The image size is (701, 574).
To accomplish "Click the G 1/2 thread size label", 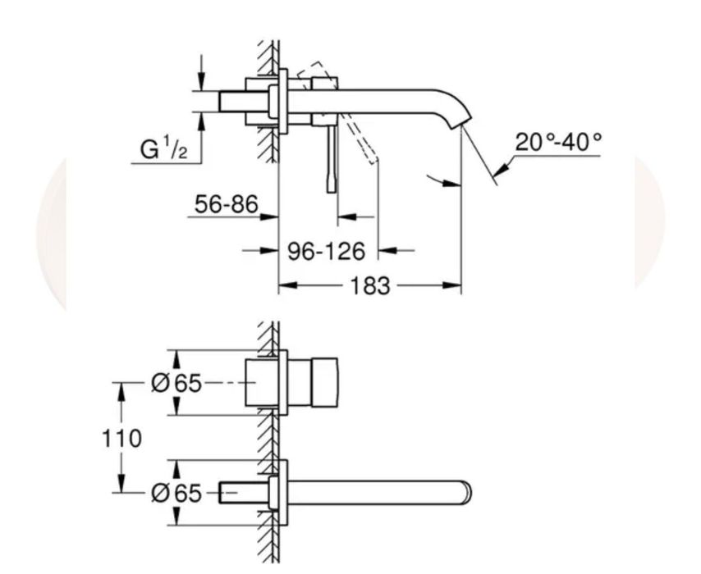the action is (163, 148).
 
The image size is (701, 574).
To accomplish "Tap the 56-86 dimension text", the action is (227, 204).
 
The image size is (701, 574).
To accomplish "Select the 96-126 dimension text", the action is (326, 251).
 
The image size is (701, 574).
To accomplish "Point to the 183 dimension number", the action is (369, 286).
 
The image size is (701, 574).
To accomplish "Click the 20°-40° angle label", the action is (558, 142).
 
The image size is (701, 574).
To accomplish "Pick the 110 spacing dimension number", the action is (121, 439).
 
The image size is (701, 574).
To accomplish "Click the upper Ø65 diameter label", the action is (176, 383).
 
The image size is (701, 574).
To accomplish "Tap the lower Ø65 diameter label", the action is (176, 493).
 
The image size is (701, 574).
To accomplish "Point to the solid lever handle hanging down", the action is (332, 158).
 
